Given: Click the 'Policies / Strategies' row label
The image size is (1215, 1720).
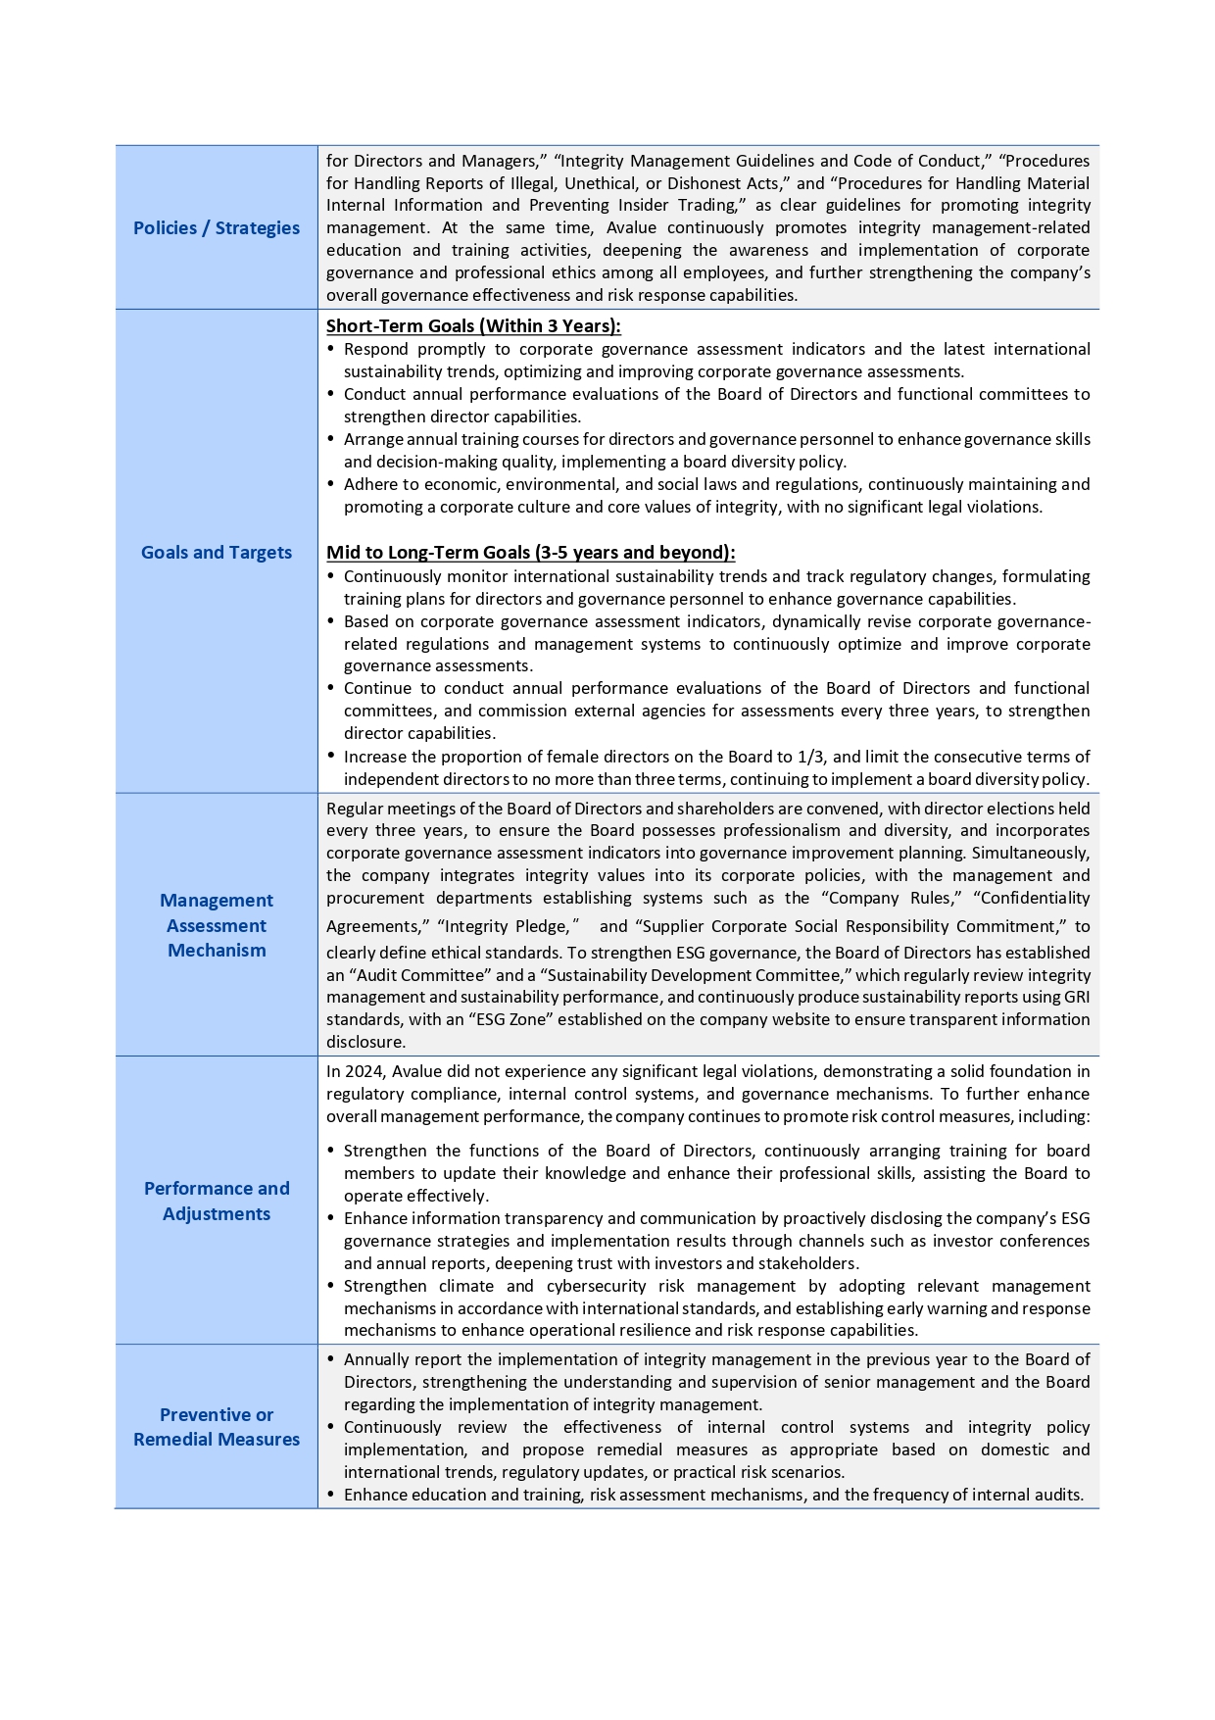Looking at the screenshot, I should [x=217, y=227].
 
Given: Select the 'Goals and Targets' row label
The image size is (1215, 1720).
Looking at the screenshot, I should [x=217, y=552].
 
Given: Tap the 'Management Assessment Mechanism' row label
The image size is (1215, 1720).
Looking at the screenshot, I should [x=217, y=925].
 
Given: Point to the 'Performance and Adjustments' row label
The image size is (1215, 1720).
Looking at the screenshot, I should [x=217, y=1201].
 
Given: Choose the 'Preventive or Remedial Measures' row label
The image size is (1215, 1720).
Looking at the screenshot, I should [x=217, y=1427].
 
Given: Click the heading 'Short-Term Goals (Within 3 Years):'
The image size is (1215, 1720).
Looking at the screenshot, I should [x=473, y=326].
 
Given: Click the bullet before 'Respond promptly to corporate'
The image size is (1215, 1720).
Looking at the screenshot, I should [x=330, y=349].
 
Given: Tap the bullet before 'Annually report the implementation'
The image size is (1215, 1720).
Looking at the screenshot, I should [x=330, y=1359].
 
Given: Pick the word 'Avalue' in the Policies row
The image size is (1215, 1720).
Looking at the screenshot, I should [x=632, y=227].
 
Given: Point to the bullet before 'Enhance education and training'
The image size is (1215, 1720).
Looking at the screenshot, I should [x=330, y=1495].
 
